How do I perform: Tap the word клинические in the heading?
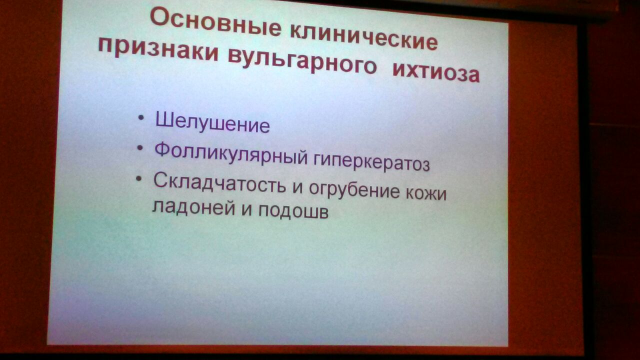click(363, 38)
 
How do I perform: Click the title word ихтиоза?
click(436, 72)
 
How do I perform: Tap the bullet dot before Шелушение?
click(140, 117)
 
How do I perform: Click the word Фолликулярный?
click(231, 153)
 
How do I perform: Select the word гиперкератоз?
click(371, 161)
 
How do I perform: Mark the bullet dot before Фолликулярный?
click(139, 148)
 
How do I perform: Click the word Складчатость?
click(219, 183)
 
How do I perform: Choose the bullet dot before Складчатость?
click(139, 179)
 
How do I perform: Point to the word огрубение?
click(354, 189)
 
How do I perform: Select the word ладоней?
click(193, 207)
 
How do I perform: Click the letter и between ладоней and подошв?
click(246, 209)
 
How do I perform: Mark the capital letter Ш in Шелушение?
click(164, 119)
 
